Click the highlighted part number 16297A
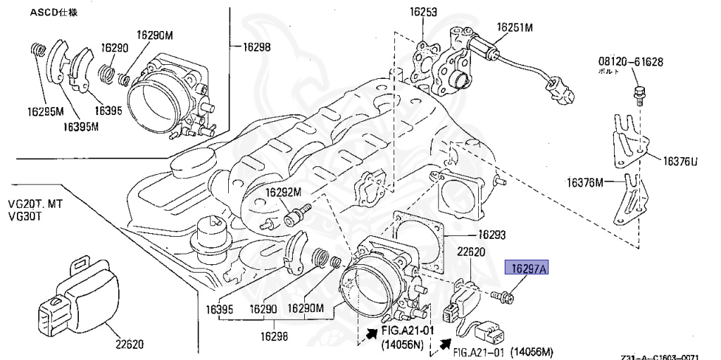click(x=526, y=268)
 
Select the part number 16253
click(x=423, y=11)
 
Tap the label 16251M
click(x=515, y=27)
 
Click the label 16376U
click(x=679, y=161)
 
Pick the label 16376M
click(x=585, y=183)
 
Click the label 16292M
click(x=283, y=192)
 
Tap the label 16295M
click(x=46, y=111)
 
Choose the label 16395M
click(x=81, y=127)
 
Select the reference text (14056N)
click(x=401, y=345)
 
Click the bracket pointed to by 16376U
click(x=627, y=141)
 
